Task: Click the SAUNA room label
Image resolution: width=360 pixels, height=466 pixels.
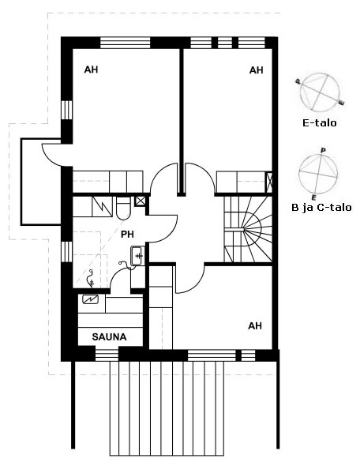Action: pyautogui.click(x=109, y=336)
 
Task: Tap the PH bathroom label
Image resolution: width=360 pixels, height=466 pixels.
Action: pyautogui.click(x=127, y=235)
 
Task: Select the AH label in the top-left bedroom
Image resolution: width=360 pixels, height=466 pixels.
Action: pyautogui.click(x=91, y=70)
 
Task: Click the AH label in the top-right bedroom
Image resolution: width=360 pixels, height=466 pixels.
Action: pyautogui.click(x=256, y=70)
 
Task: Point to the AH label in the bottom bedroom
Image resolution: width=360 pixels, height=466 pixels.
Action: pyautogui.click(x=255, y=326)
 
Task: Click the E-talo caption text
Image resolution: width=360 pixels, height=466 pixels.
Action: pyautogui.click(x=320, y=122)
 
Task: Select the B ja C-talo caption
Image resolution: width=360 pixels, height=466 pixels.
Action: pyautogui.click(x=321, y=208)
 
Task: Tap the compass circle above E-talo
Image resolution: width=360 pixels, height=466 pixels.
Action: pyautogui.click(x=320, y=91)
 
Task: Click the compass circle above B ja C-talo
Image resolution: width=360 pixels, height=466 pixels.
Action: pyautogui.click(x=318, y=174)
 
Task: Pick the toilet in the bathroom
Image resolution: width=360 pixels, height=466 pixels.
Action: pyautogui.click(x=123, y=208)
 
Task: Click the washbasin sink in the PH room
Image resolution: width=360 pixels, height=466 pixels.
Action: pyautogui.click(x=137, y=256)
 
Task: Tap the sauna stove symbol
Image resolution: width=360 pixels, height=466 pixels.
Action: pyautogui.click(x=90, y=299)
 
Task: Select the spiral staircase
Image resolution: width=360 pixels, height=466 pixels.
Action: pyautogui.click(x=248, y=229)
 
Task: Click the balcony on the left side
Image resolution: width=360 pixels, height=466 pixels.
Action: pyautogui.click(x=41, y=182)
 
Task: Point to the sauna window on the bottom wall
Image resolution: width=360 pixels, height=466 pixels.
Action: pyautogui.click(x=107, y=355)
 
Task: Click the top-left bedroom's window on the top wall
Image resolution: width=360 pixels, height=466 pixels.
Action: pyautogui.click(x=125, y=43)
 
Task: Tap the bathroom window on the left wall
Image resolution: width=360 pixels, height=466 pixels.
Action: pyautogui.click(x=67, y=252)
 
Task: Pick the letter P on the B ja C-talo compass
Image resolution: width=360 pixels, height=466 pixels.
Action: pyautogui.click(x=323, y=151)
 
